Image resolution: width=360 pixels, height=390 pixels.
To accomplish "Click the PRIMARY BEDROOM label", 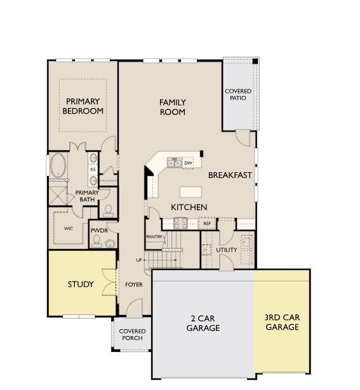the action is [83, 106].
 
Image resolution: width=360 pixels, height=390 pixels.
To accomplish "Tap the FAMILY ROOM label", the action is [173, 107].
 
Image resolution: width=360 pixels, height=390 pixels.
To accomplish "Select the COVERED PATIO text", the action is [238, 95].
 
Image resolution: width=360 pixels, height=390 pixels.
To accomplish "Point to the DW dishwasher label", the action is [188, 163].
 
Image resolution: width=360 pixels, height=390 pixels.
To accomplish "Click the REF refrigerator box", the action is [207, 224].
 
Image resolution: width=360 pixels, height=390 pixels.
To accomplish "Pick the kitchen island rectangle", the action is [190, 192].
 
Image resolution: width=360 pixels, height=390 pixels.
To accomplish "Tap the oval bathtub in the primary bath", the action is [58, 165].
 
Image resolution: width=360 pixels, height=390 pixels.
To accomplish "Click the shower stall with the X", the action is [58, 196].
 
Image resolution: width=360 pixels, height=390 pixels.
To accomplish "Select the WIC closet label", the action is [69, 228].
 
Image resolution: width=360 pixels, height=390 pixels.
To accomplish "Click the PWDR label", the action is [99, 231].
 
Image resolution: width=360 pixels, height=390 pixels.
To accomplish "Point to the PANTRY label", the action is [154, 237].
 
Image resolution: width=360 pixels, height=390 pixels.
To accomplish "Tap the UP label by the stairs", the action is [139, 260].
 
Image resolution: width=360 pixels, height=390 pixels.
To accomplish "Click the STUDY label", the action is [81, 285].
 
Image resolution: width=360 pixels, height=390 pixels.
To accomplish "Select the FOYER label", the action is [134, 285].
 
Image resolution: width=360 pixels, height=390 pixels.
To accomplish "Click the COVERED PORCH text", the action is [132, 335].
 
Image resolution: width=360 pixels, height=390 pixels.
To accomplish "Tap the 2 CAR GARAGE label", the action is [203, 323].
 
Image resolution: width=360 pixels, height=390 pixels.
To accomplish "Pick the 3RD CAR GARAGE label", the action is [282, 322].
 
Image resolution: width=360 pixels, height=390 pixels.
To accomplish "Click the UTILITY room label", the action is [227, 250].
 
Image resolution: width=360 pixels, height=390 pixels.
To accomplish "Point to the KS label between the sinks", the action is [93, 170].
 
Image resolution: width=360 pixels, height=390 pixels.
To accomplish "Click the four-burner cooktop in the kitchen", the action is [180, 223].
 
